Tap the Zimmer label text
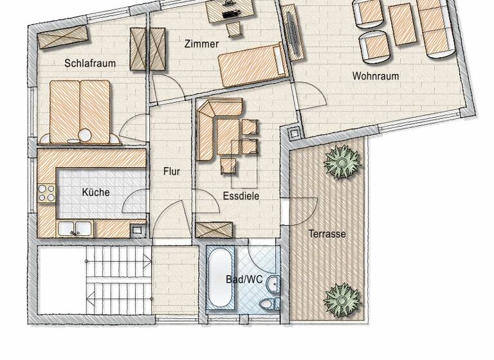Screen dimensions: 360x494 click(x=201, y=44)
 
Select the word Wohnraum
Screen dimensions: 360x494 click(x=375, y=76)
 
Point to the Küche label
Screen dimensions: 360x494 click(x=96, y=192)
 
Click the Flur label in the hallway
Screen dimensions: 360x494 click(x=171, y=172)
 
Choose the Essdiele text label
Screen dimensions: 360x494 click(x=241, y=195)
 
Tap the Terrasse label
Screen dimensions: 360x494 click(x=327, y=233)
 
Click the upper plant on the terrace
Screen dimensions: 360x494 click(x=342, y=161)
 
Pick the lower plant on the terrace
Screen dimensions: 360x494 click(x=342, y=299)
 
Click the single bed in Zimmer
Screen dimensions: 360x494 click(x=252, y=64)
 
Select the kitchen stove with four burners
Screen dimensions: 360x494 click(x=46, y=193)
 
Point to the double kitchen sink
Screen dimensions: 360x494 click(x=75, y=228)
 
